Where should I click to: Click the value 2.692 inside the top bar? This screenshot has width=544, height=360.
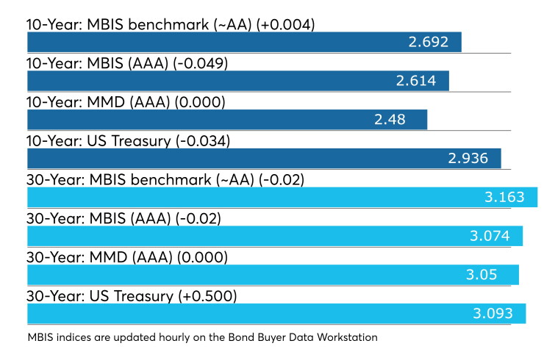point(429,42)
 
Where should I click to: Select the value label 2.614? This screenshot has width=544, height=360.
point(416,81)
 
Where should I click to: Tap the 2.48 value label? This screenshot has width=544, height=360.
point(390,120)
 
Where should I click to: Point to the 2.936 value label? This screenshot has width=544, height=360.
point(468,159)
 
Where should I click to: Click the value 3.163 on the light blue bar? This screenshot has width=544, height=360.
point(504,198)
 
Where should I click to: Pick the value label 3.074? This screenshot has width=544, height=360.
point(490,236)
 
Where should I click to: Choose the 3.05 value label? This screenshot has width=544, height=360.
point(482,275)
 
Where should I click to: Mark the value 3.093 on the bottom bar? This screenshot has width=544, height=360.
point(493,314)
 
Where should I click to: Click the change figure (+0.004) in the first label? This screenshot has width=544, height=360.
point(285,25)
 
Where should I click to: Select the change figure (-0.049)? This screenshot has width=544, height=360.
point(200,64)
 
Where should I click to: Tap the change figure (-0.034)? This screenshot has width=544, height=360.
point(203,142)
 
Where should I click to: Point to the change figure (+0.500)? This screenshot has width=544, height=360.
point(207,297)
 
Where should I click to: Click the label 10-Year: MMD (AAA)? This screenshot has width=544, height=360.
point(99,103)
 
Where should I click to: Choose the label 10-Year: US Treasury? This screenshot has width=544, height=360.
point(99,142)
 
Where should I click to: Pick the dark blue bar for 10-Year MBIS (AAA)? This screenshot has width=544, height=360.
point(238,81)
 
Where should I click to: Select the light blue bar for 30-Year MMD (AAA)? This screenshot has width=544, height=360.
point(273,275)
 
